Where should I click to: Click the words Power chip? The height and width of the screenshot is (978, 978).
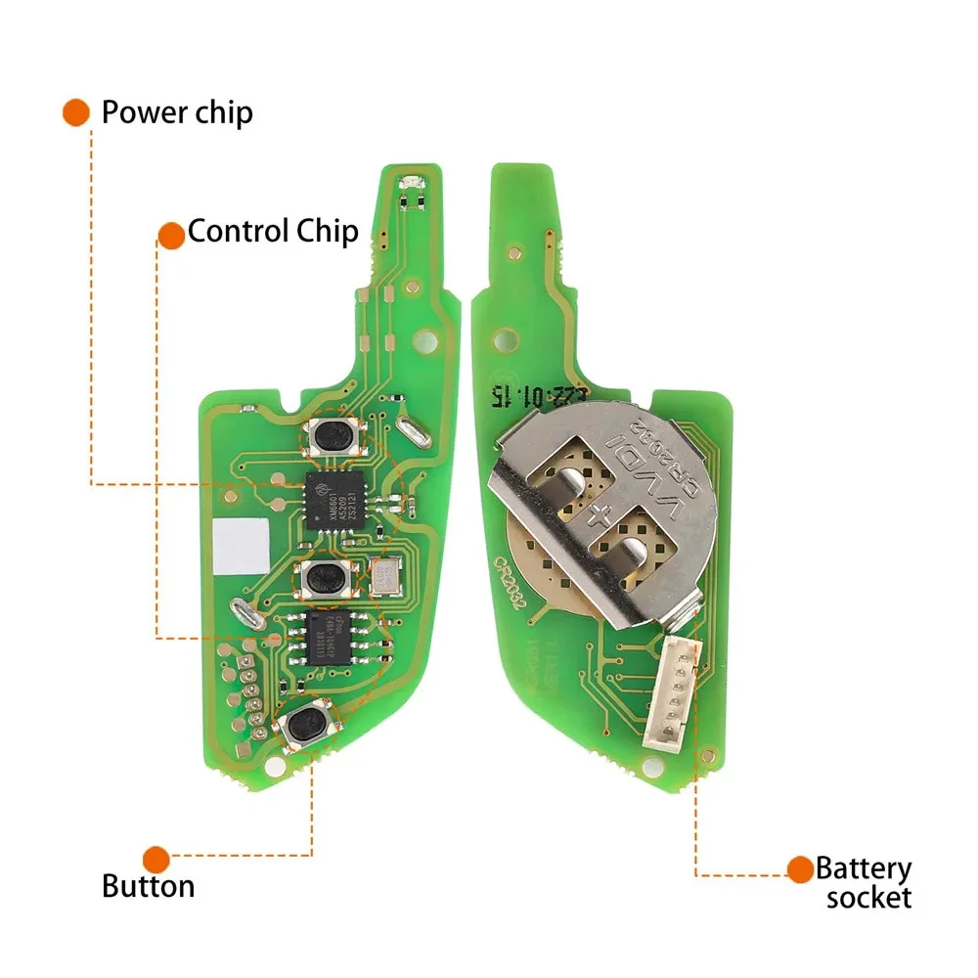click(177, 112)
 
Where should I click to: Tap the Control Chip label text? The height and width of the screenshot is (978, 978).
click(273, 232)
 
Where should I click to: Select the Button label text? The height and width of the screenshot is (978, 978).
click(148, 886)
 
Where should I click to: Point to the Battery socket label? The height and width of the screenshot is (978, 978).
click(864, 882)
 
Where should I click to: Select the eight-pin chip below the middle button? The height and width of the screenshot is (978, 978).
click(332, 639)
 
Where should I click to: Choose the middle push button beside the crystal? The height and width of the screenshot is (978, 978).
click(322, 579)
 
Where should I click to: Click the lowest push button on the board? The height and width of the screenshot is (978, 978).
click(306, 725)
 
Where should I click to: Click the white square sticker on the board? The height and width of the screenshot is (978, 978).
click(242, 545)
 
